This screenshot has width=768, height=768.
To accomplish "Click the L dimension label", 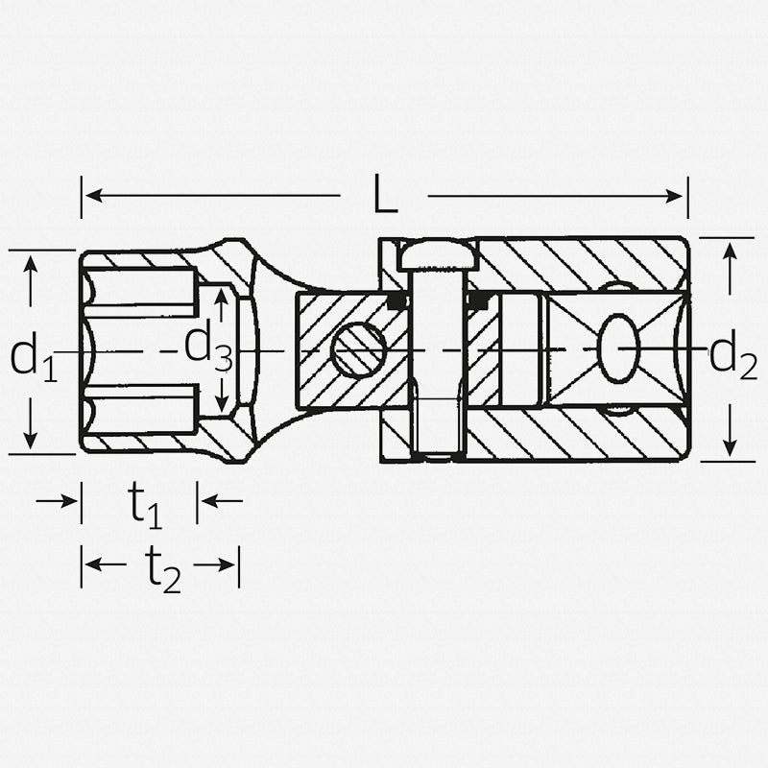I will point(384,197).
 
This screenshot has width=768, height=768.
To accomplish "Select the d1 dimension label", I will point(34,357).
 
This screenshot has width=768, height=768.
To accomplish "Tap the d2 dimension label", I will point(732,354).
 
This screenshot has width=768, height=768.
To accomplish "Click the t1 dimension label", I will point(145,505).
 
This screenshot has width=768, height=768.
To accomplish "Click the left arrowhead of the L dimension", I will point(89,196).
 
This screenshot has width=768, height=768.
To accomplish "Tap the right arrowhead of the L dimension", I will point(679,196).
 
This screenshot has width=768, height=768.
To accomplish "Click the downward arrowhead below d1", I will point(32,441).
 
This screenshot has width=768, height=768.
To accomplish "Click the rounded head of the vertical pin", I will point(439,256).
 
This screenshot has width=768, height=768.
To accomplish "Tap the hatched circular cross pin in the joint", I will point(358,350).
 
